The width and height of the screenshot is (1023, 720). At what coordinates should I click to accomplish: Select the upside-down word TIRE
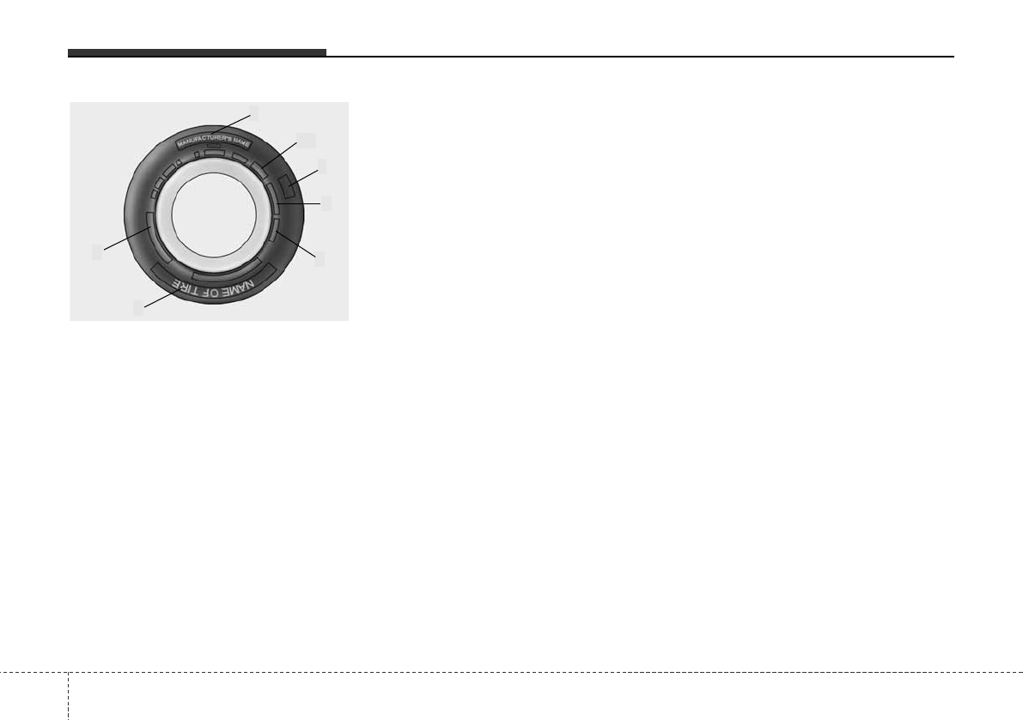coord(185,284)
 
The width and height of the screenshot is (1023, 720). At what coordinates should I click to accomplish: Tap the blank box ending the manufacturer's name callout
coord(253,112)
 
